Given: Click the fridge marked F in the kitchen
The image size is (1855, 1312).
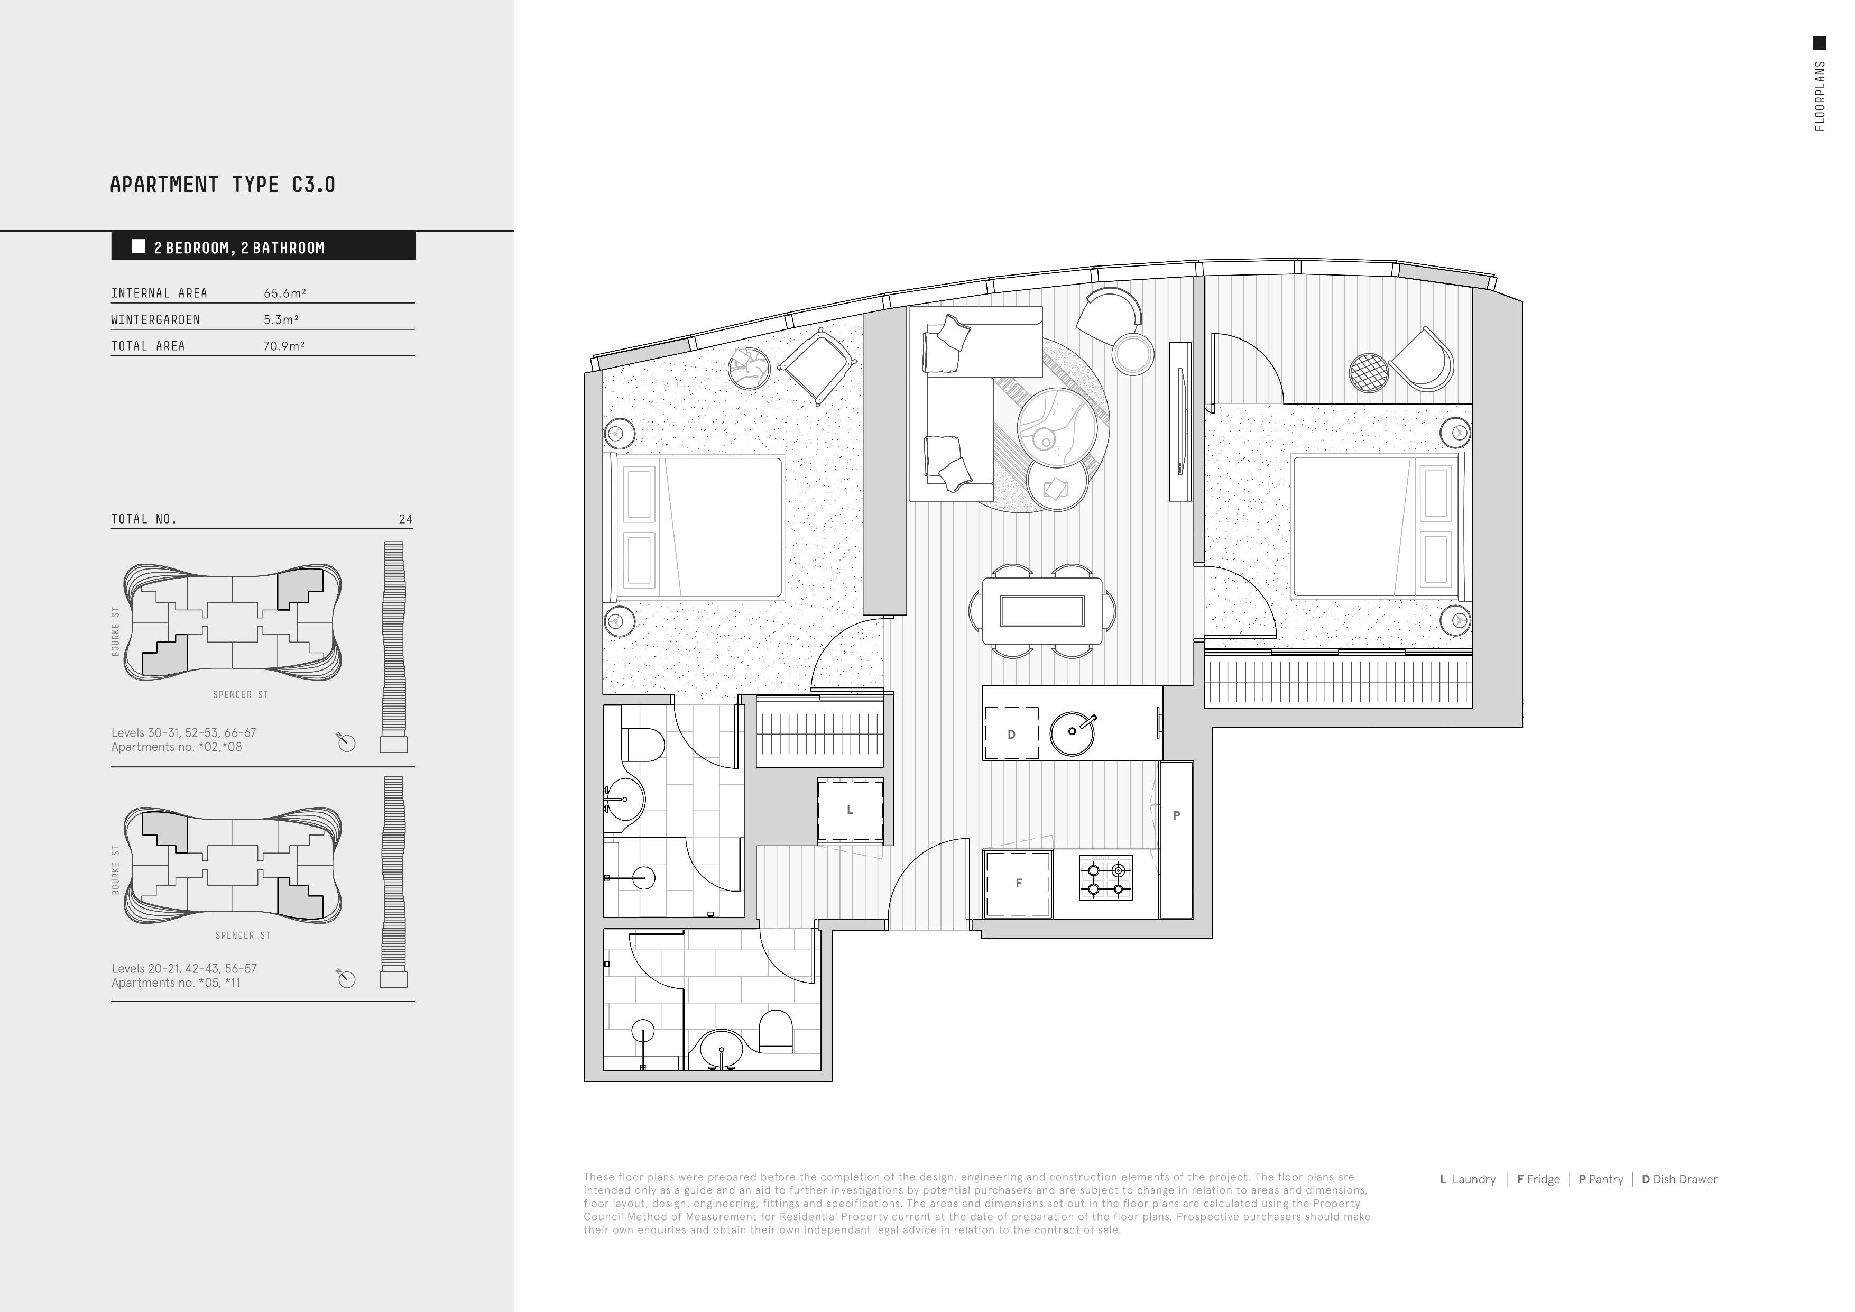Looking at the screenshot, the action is [x=1018, y=884].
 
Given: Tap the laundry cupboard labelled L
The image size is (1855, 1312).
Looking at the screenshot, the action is [x=850, y=810].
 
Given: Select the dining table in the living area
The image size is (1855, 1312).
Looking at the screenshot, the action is [x=1042, y=611].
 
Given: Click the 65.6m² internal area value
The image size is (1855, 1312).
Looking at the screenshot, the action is [x=285, y=293].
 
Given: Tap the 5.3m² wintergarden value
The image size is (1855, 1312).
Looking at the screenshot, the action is [x=281, y=319].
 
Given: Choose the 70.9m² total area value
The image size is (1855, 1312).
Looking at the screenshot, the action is [x=284, y=346].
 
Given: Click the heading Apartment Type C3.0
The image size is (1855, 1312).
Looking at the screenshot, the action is [x=222, y=185].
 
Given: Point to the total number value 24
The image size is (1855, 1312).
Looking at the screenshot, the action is [x=405, y=519].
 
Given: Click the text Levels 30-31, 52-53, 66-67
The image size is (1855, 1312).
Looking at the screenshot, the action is [x=183, y=732].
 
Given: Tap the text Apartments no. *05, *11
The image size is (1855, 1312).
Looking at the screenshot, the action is [x=176, y=983].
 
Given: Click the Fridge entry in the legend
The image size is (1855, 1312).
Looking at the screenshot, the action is [x=1538, y=1179].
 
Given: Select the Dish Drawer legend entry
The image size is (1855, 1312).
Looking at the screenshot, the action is [x=1679, y=1179].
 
